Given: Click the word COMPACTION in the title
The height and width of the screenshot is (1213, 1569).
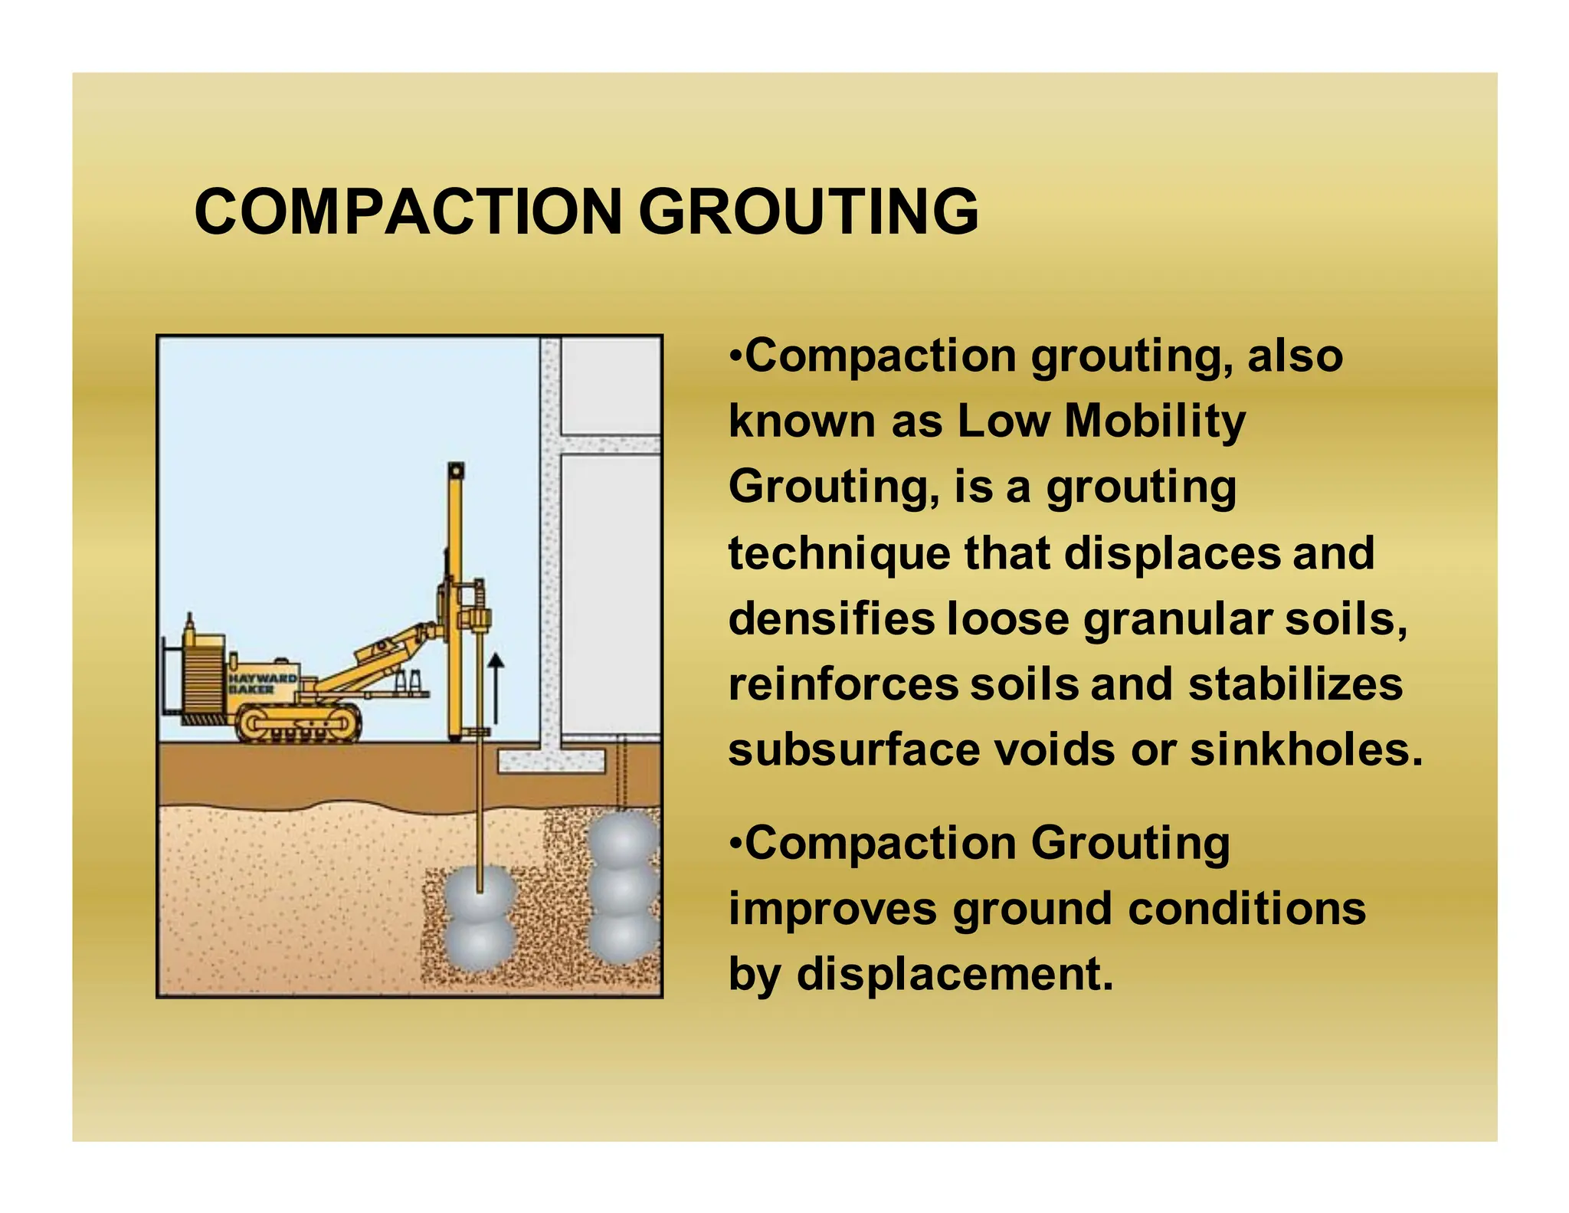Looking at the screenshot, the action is coord(407,211).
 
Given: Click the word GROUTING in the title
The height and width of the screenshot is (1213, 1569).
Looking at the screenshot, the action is coord(808,211).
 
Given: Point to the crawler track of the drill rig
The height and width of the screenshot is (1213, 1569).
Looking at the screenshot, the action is coord(298,724).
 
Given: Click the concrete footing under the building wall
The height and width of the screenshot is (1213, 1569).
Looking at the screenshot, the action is coord(552,762).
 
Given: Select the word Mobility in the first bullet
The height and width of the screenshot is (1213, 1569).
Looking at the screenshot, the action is coord(1155,421).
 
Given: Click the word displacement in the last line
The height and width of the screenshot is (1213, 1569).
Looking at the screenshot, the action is coord(955,974).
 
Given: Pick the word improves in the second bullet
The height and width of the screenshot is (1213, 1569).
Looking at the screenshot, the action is coord(832,909).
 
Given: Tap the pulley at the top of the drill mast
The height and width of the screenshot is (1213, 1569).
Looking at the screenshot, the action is coord(457,470).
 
